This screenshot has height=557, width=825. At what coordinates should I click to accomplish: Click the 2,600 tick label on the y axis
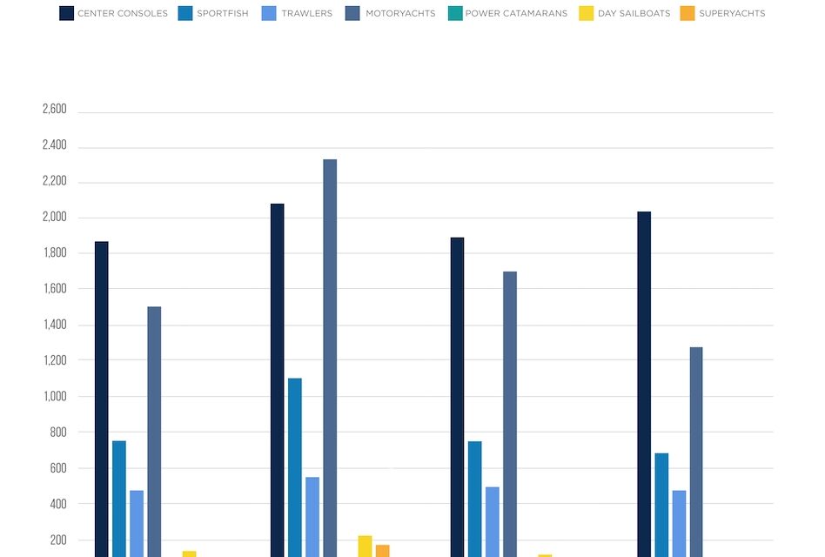tap(54, 110)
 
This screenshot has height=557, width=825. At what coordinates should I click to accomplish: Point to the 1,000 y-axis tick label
tap(54, 397)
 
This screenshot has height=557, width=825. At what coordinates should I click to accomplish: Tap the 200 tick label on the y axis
tap(57, 540)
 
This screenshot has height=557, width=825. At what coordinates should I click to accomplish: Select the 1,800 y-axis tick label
tap(54, 253)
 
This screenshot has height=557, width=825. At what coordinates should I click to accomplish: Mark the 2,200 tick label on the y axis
tap(54, 182)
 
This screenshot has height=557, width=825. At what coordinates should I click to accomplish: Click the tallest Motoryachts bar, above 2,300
tap(330, 357)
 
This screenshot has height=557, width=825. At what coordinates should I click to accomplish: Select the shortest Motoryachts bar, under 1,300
tap(696, 453)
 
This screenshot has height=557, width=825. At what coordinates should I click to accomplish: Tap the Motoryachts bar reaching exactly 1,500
tap(154, 431)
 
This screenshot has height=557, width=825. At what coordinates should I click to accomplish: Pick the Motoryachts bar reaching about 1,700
tap(510, 413)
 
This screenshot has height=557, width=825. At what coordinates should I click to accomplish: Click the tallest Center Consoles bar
tap(277, 379)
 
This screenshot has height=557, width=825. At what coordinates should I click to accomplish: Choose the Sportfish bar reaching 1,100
tap(295, 467)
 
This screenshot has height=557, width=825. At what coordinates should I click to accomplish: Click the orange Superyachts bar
tap(383, 551)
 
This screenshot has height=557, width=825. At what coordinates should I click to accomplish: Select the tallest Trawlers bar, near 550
tap(312, 517)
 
